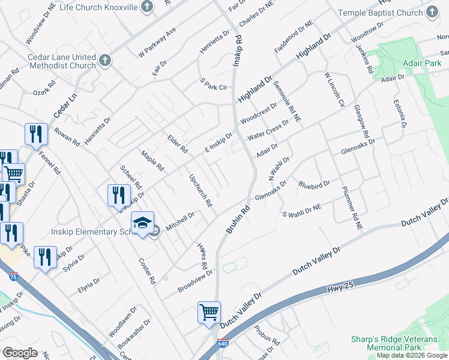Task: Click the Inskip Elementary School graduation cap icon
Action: (x=143, y=223)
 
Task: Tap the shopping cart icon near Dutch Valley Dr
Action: (x=208, y=312)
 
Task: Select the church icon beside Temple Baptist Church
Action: (x=432, y=12)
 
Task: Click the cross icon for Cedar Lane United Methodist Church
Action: (x=105, y=61)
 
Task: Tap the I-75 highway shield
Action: (x=13, y=276)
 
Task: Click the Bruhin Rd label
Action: (x=238, y=221)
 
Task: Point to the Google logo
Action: (x=20, y=352)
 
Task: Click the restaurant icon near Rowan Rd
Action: (x=36, y=134)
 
